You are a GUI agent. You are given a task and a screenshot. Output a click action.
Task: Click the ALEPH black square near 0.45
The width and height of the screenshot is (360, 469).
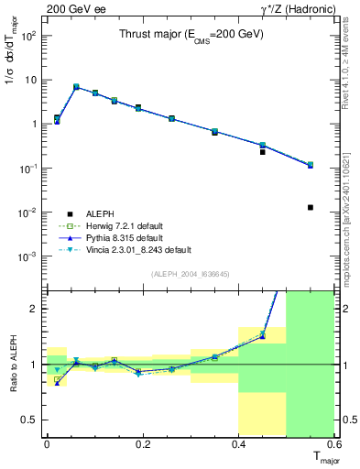[x=263, y=151]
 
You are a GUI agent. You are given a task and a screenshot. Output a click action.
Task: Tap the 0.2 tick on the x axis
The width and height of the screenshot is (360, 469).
[x=142, y=443]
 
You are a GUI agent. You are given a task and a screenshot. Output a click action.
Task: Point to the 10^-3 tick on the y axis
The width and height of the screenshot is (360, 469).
[x=29, y=256]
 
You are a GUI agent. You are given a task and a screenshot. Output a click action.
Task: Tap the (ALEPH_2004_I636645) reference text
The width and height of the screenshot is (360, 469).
[x=191, y=274]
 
